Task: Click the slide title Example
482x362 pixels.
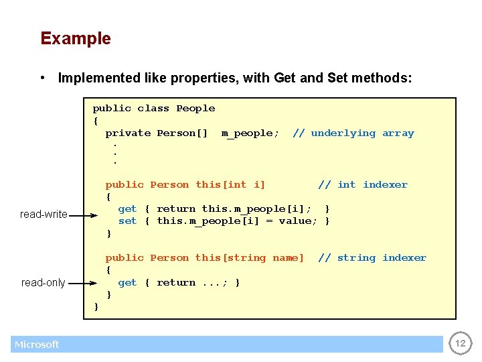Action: click(76, 38)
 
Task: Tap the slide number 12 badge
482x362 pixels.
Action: click(459, 344)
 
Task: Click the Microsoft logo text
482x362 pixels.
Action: click(37, 345)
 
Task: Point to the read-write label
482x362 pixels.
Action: click(44, 215)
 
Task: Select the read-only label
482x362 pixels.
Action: click(44, 283)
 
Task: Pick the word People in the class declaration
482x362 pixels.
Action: click(195, 109)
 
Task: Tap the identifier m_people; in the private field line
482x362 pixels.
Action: click(250, 133)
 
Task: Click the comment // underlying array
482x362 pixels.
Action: click(353, 133)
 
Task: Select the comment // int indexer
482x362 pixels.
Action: click(362, 185)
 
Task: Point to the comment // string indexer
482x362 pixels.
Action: click(372, 258)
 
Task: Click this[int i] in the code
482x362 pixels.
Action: click(230, 185)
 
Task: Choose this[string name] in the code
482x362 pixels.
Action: click(249, 258)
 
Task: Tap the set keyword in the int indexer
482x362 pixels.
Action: click(127, 221)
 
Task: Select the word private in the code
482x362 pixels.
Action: click(128, 133)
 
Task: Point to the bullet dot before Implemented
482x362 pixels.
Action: click(43, 78)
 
